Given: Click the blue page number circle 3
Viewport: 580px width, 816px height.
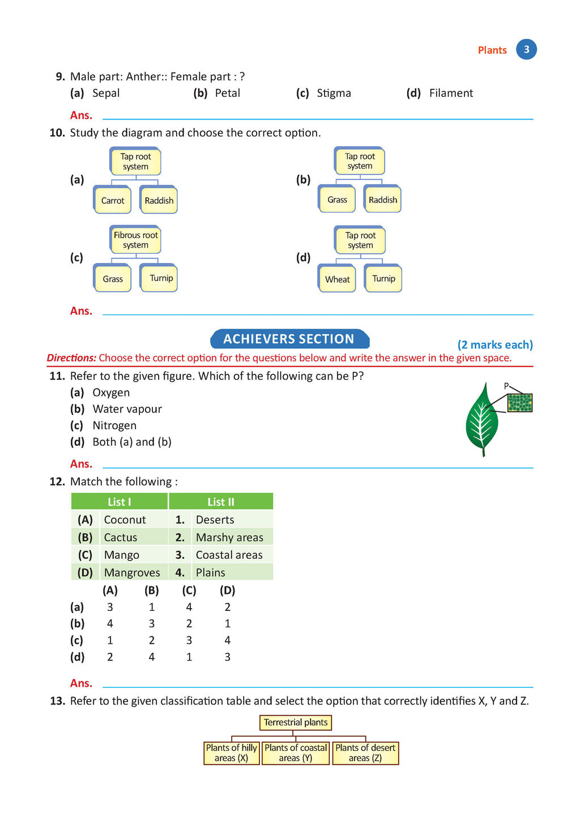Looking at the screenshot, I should coord(526,49).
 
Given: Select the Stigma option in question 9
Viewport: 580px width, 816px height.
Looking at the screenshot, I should coord(333,93).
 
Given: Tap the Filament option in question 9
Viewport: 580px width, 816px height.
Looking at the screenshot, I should coord(450,93).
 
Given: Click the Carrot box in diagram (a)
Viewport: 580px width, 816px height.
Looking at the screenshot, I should coord(112,200).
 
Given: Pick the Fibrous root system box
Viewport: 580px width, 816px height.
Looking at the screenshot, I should coord(135,240).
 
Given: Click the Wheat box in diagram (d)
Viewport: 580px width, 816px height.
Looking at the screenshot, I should coord(337,279).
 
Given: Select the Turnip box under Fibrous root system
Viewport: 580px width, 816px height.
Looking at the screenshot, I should coord(161,278).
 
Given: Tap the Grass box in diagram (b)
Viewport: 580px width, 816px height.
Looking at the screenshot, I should coord(337,199).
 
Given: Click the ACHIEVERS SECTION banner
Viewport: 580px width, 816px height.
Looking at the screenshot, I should coord(289,339).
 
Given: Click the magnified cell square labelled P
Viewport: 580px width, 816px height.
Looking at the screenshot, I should coord(519,403).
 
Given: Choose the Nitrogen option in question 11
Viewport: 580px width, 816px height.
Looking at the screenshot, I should coord(114,426).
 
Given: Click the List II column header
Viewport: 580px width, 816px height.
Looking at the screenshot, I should coord(220,501).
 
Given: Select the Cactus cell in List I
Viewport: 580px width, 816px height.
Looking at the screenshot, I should coord(121,537).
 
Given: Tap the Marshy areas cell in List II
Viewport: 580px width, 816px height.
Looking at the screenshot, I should coord(229,537).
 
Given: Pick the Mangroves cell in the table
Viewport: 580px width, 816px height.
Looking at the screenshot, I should coord(132,572).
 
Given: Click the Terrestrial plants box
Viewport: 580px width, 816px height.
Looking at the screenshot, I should coord(296,722).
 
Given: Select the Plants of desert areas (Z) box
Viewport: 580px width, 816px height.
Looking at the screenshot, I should coord(365,753).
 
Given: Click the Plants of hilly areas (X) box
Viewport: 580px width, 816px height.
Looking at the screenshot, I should coord(232,753).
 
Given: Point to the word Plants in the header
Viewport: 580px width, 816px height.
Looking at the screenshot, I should coord(492,50).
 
